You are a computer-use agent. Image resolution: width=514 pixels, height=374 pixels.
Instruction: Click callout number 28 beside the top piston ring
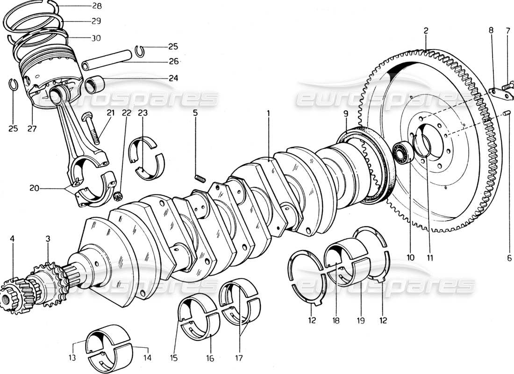[97, 6]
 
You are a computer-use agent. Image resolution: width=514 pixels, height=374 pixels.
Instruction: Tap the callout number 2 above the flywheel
[426, 31]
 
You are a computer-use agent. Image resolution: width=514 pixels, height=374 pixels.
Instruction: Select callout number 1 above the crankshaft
[269, 113]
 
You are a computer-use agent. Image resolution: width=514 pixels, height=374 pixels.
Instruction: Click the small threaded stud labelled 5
[199, 177]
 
